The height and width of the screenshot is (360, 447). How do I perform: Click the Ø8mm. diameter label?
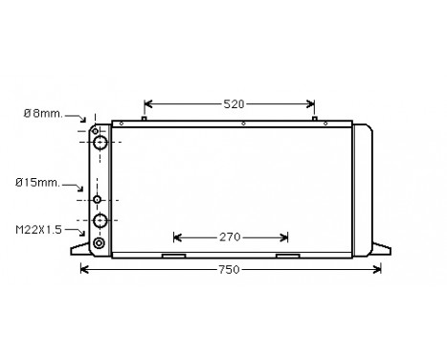coord(42,113)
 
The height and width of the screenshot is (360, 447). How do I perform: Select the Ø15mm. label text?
coord(37,181)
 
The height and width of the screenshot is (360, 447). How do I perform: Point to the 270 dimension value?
coord(230,236)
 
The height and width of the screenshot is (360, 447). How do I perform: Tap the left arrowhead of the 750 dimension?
coord(82,270)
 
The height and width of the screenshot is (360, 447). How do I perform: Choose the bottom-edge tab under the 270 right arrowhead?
coord(286,256)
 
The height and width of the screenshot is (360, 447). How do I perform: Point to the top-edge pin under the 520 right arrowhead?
coord(315,119)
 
